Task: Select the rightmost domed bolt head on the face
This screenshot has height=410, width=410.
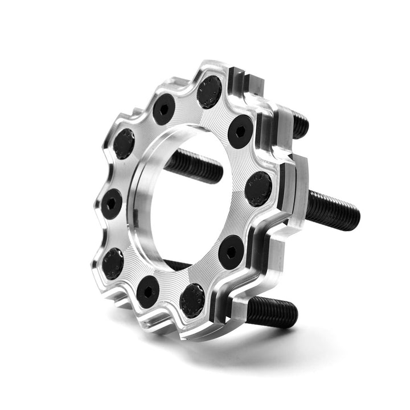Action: pos(258,188)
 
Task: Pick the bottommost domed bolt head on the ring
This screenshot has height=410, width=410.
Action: pos(192,300)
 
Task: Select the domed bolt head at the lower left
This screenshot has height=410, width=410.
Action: pos(113,263)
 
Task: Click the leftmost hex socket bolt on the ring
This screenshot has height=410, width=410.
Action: pos(112,204)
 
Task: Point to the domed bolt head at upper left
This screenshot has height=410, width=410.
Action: pos(124,143)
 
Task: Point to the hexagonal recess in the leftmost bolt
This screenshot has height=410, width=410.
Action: pos(112,204)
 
